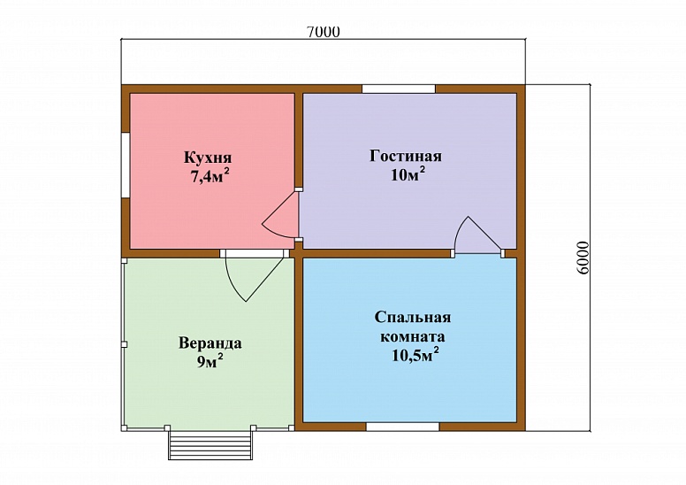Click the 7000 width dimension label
(x=323, y=32)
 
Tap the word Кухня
(x=209, y=158)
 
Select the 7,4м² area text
(x=210, y=175)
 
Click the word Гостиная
(x=405, y=157)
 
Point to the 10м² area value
(x=407, y=173)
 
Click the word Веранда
(x=210, y=343)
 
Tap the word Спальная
(x=413, y=319)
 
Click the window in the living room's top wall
(x=398, y=89)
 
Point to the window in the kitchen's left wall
(x=126, y=166)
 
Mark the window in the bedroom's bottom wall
(x=402, y=427)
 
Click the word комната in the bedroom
(x=413, y=337)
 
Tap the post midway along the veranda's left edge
(x=125, y=344)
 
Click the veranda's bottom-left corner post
(x=125, y=427)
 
